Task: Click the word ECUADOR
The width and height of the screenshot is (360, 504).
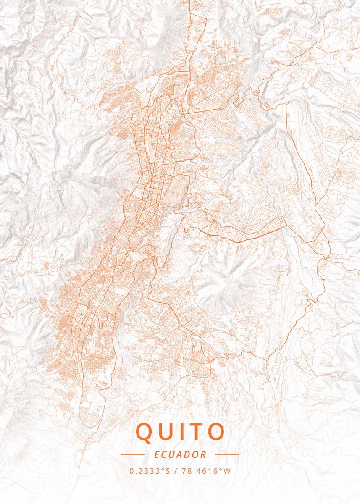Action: click(x=180, y=454)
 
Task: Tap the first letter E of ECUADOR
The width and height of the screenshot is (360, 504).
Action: click(x=157, y=454)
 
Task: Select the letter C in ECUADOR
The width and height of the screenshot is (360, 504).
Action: click(x=163, y=454)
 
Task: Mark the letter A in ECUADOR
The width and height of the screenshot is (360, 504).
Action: click(x=180, y=454)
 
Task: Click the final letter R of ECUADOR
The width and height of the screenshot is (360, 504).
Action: click(x=204, y=454)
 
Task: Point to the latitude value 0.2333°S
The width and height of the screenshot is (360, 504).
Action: click(x=150, y=471)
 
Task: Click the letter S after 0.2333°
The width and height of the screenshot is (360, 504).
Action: click(x=168, y=471)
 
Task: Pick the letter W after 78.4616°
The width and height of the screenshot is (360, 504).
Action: click(x=228, y=471)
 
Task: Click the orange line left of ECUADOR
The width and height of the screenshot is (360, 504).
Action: click(x=132, y=454)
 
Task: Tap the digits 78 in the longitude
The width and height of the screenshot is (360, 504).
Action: click(x=185, y=471)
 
